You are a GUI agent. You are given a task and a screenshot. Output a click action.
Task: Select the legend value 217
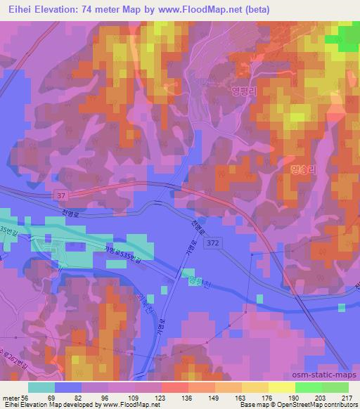pyautogui.click(x=345, y=398)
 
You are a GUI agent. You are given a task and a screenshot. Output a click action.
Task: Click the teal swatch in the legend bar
pyautogui.click(x=41, y=387)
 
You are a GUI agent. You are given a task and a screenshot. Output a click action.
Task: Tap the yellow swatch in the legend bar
pyautogui.click(x=282, y=387)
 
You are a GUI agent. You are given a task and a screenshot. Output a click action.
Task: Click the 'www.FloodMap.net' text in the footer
pyautogui.click(x=130, y=405)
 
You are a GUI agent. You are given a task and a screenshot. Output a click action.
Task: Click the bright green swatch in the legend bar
pyautogui.click(x=309, y=387)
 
